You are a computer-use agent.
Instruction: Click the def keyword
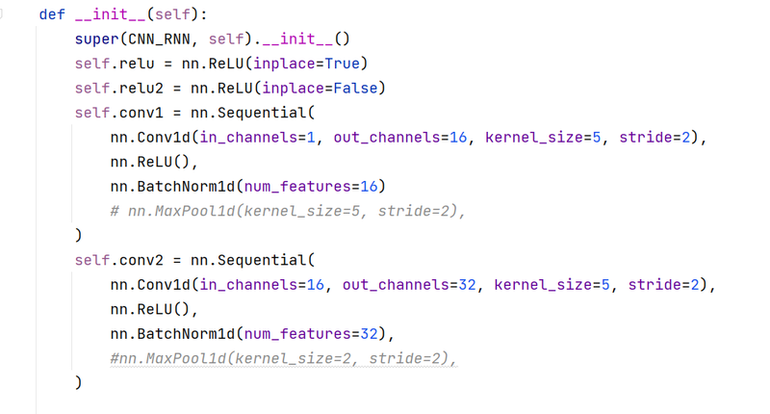[52, 14]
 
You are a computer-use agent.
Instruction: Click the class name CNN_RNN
[159, 39]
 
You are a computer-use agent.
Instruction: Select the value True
[343, 64]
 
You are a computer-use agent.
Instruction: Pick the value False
[355, 88]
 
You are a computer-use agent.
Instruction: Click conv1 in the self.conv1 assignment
[141, 113]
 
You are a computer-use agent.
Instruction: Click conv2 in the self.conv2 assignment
[141, 260]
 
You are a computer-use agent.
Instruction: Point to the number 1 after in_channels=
[311, 137]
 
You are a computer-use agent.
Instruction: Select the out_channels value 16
[458, 137]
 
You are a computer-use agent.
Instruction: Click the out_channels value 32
[467, 284]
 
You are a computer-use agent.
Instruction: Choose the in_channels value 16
[316, 284]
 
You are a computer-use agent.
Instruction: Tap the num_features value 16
[369, 186]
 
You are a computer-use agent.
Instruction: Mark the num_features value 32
[369, 333]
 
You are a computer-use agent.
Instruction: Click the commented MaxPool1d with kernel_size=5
[287, 211]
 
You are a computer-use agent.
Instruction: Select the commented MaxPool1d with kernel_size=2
[283, 358]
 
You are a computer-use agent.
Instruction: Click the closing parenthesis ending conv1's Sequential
[79, 235]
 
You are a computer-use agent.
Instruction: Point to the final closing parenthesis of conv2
[79, 382]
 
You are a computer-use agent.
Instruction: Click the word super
[97, 39]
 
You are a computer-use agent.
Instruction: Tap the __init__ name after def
[110, 14]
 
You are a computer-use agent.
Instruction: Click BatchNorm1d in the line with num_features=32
[186, 333]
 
